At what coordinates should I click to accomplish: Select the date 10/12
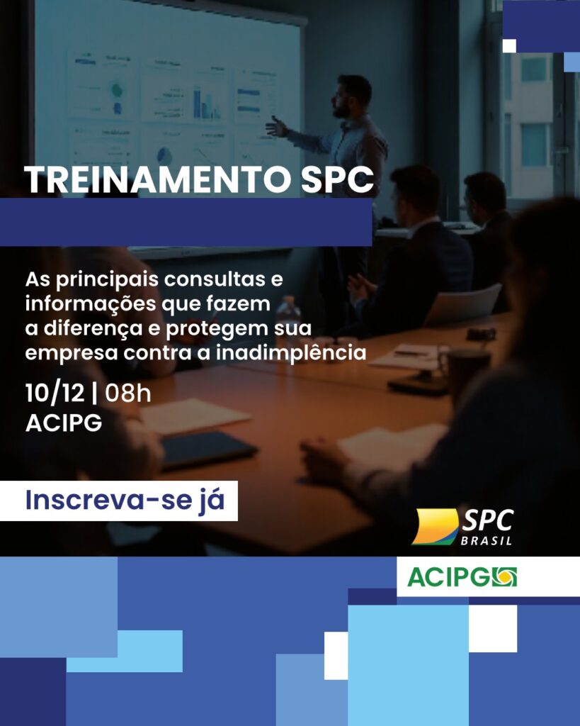(x=55, y=392)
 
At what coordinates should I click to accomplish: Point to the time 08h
(x=128, y=392)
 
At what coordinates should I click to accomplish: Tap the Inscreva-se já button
(x=125, y=500)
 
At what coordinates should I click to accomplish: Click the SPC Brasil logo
(x=463, y=527)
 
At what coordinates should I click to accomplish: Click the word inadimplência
(x=307, y=352)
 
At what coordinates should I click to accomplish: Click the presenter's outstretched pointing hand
(x=275, y=126)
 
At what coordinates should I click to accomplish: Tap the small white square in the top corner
(x=508, y=45)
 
